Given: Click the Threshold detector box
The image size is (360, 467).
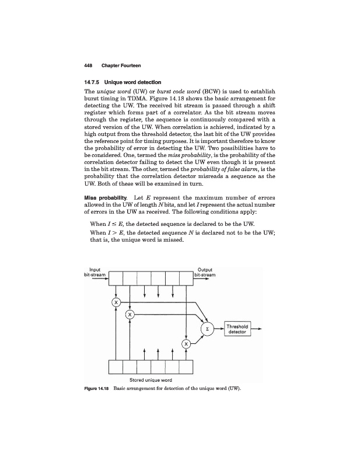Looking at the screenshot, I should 237,329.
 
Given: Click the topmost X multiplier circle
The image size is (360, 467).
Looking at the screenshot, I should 116,302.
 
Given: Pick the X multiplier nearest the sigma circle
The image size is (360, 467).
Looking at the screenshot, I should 186,344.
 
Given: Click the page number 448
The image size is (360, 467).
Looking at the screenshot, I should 89,64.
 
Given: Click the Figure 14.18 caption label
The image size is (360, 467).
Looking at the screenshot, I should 97,388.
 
